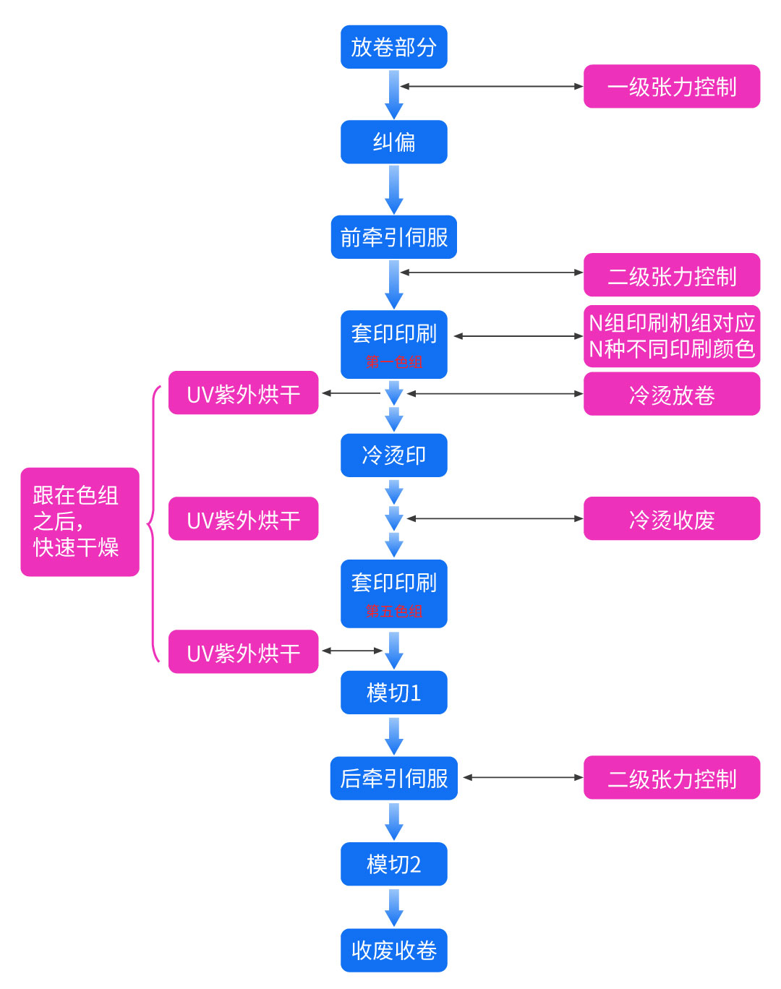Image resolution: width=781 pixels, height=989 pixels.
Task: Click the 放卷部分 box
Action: click(393, 47)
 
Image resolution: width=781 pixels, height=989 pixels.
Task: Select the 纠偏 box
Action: click(393, 142)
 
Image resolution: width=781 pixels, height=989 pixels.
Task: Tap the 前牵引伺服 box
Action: click(393, 237)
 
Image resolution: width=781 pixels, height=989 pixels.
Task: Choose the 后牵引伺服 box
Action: click(393, 778)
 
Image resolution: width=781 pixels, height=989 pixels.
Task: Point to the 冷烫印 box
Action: click(393, 455)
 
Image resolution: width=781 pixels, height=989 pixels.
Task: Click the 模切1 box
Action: click(393, 693)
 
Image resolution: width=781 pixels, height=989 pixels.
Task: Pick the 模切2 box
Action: click(393, 864)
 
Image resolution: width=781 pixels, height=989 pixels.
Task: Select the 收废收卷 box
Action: click(393, 950)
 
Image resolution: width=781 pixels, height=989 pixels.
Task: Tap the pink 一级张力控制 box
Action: click(671, 87)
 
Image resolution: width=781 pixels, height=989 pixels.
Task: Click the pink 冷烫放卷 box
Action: click(671, 394)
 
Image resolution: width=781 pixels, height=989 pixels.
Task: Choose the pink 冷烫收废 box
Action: click(671, 518)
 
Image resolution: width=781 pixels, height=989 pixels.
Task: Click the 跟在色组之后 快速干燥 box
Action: click(80, 522)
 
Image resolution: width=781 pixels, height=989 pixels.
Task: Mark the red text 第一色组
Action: click(393, 362)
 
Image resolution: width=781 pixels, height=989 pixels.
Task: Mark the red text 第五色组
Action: click(393, 612)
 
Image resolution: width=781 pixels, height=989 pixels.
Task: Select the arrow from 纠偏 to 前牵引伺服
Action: click(393, 189)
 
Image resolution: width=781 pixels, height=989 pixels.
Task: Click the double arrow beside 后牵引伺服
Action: click(523, 778)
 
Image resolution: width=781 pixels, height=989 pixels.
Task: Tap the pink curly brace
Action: click(153, 523)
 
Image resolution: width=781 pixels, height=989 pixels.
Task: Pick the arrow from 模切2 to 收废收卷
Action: click(393, 907)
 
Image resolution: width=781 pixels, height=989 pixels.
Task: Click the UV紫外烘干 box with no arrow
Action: click(243, 518)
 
